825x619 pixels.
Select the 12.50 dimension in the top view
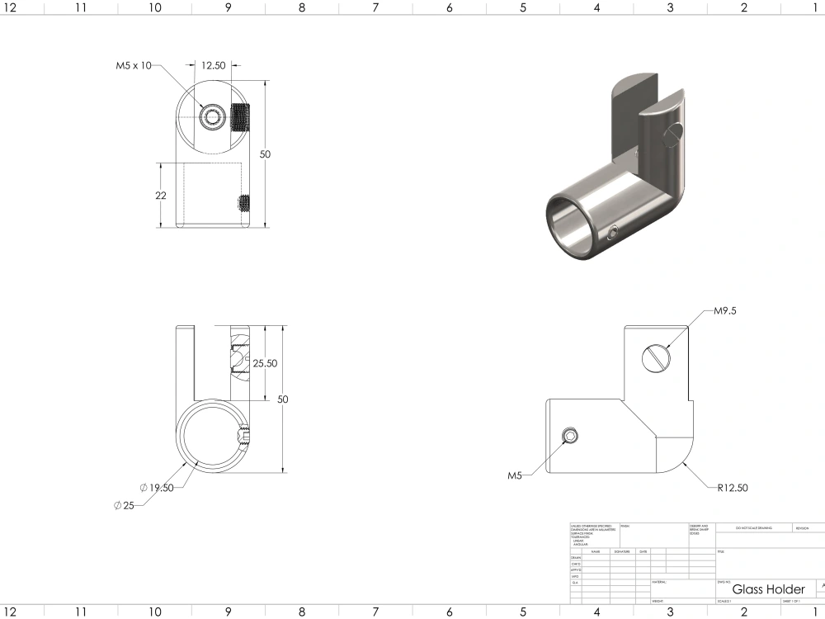point(214,66)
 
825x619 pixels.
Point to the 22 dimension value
point(160,196)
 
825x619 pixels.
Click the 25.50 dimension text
point(265,363)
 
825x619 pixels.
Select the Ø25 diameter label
point(125,505)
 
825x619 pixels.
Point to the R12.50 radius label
point(732,488)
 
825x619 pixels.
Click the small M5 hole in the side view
point(569,436)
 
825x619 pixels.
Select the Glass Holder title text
point(768,589)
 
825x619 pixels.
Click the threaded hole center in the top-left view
point(214,116)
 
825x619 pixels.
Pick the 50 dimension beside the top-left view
point(266,154)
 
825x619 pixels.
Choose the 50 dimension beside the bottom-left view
point(283,399)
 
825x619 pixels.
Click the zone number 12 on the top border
point(9,7)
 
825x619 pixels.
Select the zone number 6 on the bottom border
point(450,612)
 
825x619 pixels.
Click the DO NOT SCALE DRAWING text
point(747,527)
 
